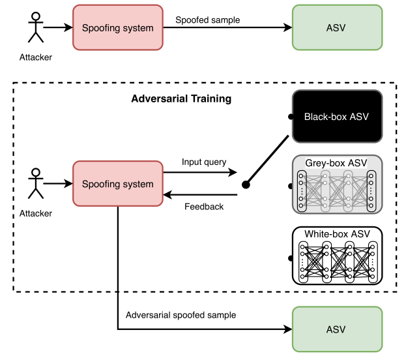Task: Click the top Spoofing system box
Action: tap(117, 28)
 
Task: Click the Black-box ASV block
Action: tap(336, 117)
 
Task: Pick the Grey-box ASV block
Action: tap(336, 185)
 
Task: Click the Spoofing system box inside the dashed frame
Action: tap(117, 184)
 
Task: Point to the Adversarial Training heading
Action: tap(181, 99)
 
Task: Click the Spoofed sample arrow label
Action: tap(208, 20)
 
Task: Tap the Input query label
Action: tap(204, 162)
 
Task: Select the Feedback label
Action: tap(204, 207)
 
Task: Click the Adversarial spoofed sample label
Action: tap(181, 315)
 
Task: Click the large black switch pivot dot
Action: tap(246, 185)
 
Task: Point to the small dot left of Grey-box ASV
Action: tap(290, 186)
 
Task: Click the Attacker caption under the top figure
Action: tap(36, 57)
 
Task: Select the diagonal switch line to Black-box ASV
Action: tap(267, 160)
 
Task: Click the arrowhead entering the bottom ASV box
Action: tap(289, 329)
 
